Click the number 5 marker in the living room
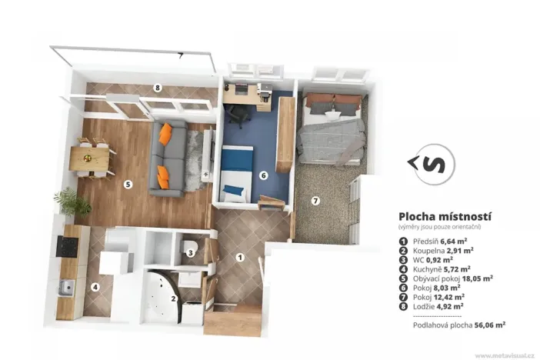click(x=128, y=184)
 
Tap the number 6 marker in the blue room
click(x=263, y=175)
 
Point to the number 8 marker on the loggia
click(x=157, y=88)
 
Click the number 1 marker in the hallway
click(x=240, y=257)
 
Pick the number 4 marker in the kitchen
click(x=95, y=288)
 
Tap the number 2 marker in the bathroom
click(x=174, y=298)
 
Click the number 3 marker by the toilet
click(x=188, y=252)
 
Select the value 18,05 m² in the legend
click(x=478, y=278)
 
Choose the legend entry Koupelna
click(x=427, y=251)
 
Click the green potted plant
click(x=72, y=202)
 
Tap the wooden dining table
click(x=89, y=158)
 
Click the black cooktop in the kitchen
click(x=66, y=246)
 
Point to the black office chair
click(x=236, y=115)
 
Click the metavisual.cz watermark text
click(x=505, y=355)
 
